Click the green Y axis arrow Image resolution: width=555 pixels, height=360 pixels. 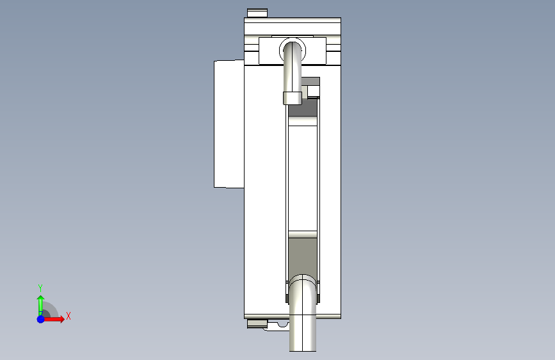[40, 303]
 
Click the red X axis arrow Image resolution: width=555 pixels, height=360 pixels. [57, 318]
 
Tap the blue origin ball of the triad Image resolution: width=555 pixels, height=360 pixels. [40, 318]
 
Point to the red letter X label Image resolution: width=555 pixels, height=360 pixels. [68, 316]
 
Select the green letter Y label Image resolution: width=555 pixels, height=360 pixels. [40, 288]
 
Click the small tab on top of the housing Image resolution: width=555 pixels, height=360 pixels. [257, 13]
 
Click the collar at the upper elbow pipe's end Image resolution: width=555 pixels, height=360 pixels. [293, 98]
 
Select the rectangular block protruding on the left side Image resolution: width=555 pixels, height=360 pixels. [229, 124]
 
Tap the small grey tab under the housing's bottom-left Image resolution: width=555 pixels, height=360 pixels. [257, 323]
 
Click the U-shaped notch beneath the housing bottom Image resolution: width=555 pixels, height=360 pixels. [282, 325]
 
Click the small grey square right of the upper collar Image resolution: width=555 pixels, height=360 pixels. [313, 91]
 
